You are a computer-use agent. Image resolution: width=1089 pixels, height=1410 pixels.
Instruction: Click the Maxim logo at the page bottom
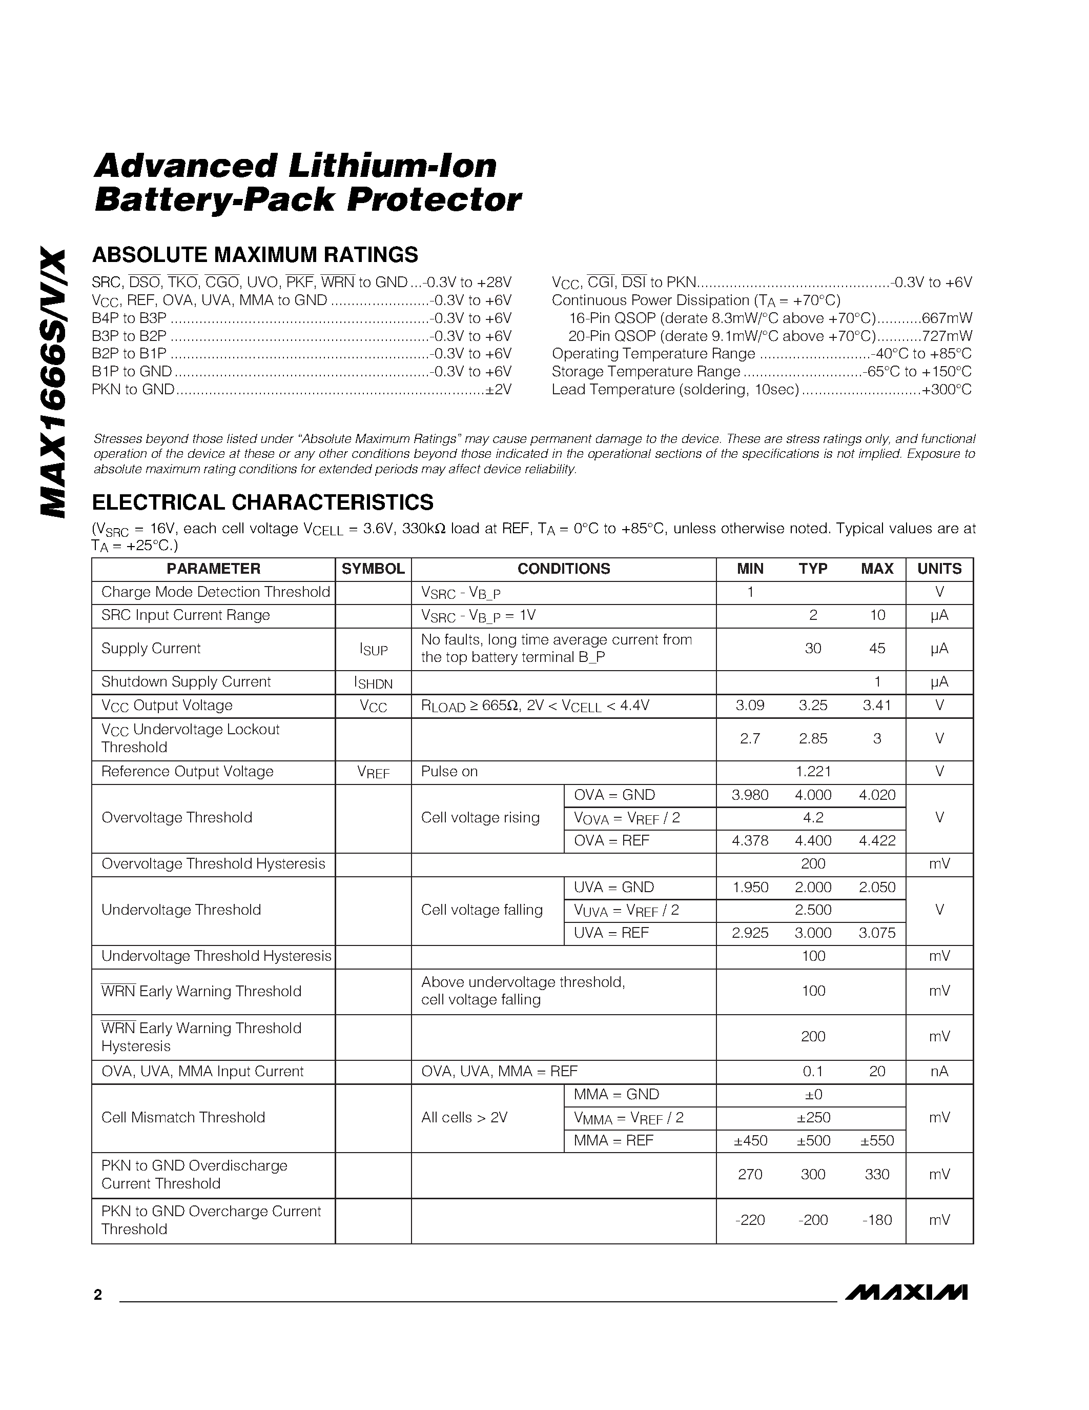(905, 1293)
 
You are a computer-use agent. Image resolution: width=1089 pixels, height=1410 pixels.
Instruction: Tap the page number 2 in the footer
(97, 1295)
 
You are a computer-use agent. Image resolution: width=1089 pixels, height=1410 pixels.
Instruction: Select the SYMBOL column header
(373, 569)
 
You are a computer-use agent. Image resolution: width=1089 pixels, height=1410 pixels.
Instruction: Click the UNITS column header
(939, 569)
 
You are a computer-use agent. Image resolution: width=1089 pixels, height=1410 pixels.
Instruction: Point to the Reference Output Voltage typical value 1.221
(813, 772)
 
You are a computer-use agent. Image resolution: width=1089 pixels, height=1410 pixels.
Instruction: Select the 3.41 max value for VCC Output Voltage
(877, 705)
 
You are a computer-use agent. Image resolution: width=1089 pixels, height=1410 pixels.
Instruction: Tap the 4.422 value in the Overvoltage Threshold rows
(877, 840)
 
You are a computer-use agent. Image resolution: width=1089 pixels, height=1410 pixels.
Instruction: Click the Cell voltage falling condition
(481, 910)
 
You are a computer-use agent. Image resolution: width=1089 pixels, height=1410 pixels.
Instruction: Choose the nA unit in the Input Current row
(939, 1071)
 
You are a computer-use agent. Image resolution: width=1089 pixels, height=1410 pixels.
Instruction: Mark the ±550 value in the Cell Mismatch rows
(877, 1140)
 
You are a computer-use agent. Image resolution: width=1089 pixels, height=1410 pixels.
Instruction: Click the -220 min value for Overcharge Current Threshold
(750, 1220)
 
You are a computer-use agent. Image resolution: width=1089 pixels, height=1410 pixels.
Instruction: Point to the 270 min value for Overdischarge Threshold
(750, 1174)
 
